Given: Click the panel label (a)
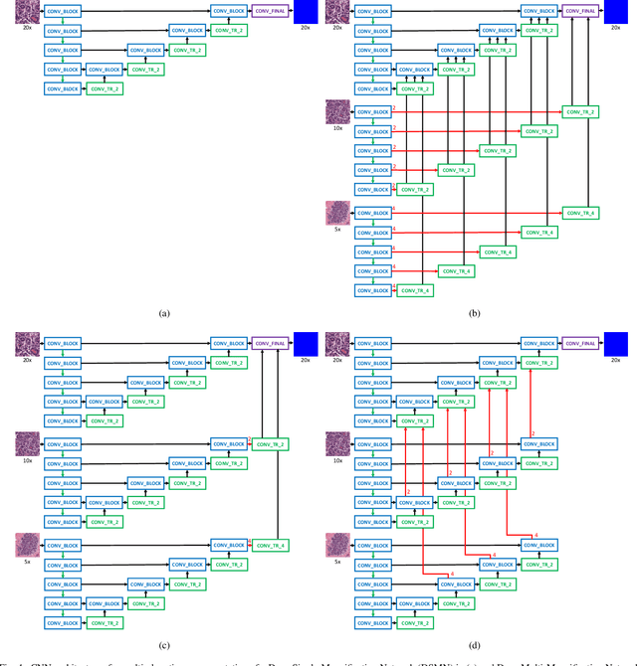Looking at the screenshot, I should (x=164, y=313).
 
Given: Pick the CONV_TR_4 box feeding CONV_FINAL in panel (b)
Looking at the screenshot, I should (x=578, y=213).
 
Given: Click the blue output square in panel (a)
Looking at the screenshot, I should (x=305, y=12).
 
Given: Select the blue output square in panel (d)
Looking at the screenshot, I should (x=616, y=344).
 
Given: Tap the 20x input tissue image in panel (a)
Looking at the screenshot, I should (x=28, y=12).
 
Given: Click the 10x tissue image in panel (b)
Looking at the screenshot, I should (x=339, y=111).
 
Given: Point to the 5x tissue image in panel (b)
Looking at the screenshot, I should (x=339, y=212).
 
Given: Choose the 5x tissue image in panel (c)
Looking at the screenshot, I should (x=28, y=545).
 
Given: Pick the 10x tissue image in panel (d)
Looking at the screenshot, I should (x=339, y=443).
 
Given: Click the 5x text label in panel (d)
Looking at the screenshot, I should (x=338, y=563).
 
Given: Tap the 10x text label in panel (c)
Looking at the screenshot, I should (x=27, y=461).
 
